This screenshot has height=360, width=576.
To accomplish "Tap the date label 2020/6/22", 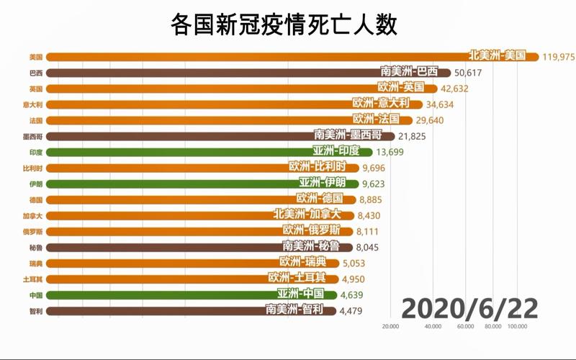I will click(x=469, y=307).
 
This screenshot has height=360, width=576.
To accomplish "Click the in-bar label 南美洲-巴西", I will click(x=408, y=72).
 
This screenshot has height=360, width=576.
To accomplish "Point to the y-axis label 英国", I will click(x=36, y=89).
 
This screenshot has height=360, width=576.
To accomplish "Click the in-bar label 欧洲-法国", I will click(x=382, y=120).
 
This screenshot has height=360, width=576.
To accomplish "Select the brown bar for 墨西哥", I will click(x=216, y=135).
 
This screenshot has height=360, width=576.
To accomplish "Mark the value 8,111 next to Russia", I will click(x=373, y=231).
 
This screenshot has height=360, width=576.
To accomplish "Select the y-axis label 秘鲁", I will click(x=36, y=246).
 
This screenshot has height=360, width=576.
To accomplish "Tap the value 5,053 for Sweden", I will click(x=364, y=263).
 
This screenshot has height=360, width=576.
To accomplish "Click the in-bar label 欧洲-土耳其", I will click(x=297, y=278).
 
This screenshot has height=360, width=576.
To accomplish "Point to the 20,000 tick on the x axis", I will click(x=390, y=327).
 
